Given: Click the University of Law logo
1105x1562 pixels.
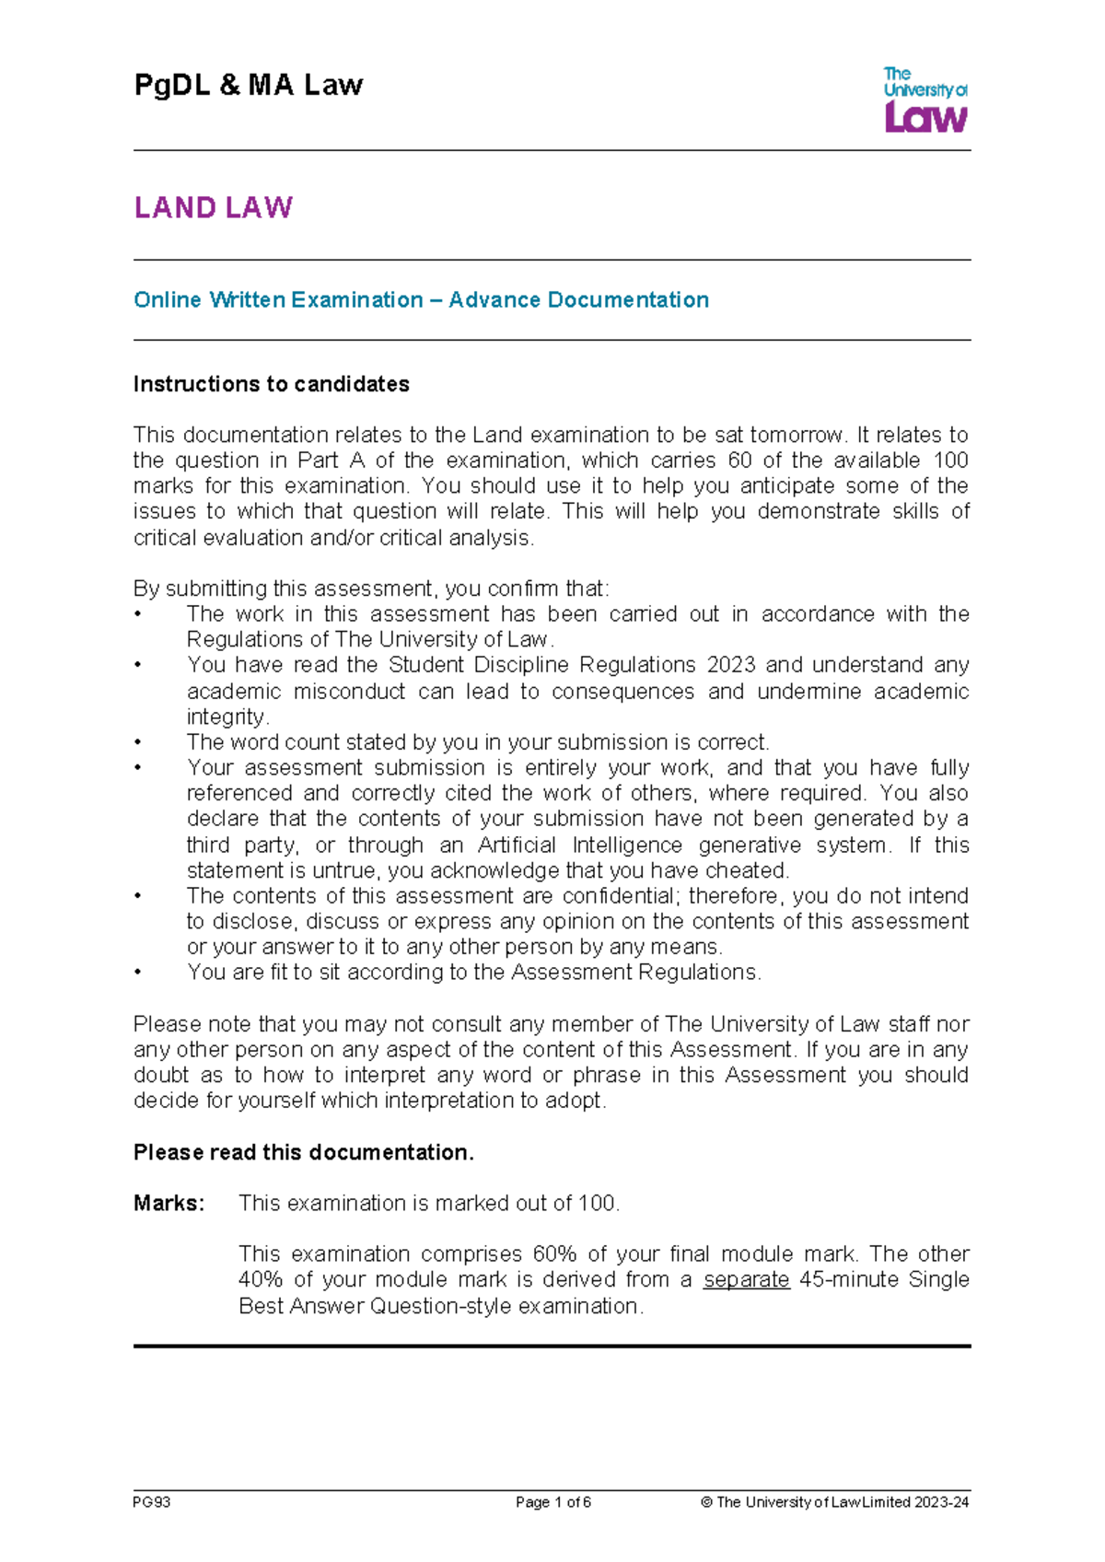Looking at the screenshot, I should [925, 99].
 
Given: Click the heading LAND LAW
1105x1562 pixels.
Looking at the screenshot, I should [213, 207].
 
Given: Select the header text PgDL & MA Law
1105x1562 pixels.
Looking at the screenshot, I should [249, 86].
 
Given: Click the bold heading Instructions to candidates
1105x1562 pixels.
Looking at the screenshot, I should [271, 384].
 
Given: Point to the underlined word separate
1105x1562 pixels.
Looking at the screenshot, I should [746, 1280].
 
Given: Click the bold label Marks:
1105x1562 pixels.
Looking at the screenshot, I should [169, 1203].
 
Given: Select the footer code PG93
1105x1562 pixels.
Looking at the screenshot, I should [152, 1502].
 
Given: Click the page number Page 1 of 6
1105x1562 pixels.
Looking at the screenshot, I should [552, 1502].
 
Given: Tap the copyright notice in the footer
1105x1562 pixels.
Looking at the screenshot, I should [834, 1502].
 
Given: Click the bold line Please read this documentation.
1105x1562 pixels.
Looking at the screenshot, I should [303, 1152].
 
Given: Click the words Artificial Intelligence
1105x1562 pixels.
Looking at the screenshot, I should [581, 845].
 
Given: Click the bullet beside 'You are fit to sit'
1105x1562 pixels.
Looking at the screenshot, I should [138, 973].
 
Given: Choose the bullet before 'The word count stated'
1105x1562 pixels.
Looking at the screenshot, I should [138, 743].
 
